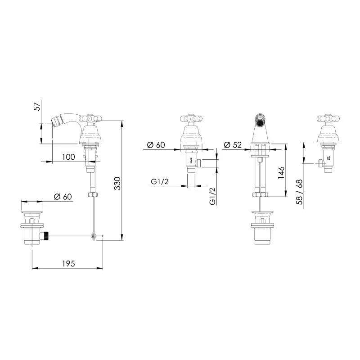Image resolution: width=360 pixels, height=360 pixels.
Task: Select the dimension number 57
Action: (x=38, y=106)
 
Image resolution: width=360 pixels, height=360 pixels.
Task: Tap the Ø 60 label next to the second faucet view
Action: (x=156, y=145)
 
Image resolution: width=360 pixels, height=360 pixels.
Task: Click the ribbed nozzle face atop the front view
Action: (x=261, y=120)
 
